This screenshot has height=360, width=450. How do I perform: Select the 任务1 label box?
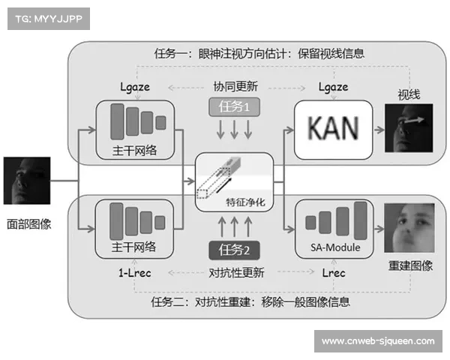pos(233,107)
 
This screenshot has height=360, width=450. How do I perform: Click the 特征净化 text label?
pos(244,202)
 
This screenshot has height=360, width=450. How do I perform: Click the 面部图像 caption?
pos(29,223)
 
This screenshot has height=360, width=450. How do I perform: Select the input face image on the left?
pos(28,180)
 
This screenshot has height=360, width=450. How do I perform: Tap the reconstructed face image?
pos(409,227)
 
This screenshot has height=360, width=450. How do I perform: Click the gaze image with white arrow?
pos(409,129)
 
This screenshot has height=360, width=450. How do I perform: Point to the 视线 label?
pos(409,94)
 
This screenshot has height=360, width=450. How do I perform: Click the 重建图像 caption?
pos(410,266)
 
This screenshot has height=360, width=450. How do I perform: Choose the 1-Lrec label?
pos(135,273)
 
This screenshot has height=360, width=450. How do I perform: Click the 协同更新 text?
pos(233,86)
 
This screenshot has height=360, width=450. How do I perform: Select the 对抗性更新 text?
pos(233,273)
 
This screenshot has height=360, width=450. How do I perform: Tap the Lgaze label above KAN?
pos(333,86)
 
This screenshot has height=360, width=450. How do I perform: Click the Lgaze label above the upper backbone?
pos(135,86)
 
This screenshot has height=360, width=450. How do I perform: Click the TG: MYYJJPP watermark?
pos(46,19)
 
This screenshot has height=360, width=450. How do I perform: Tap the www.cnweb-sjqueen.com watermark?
pos(377,341)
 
